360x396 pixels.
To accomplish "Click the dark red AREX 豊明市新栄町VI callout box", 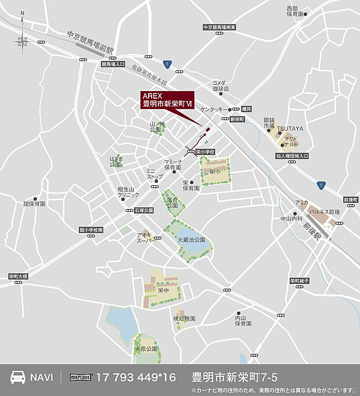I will (x=168, y=100).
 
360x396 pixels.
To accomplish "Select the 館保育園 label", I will (x=34, y=204).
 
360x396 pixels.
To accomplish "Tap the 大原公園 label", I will (x=146, y=349).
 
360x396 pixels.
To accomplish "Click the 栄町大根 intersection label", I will (x=18, y=276).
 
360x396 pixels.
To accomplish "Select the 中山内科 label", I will (x=291, y=219).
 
